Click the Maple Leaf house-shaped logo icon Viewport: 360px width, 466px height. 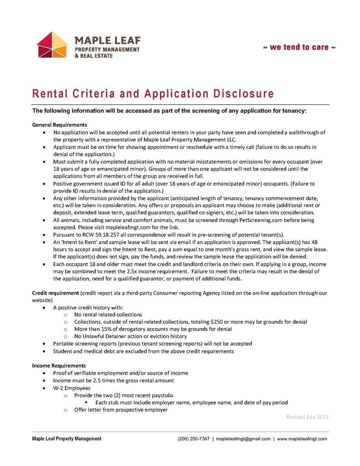[52, 45]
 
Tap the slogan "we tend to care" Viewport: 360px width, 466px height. [299, 47]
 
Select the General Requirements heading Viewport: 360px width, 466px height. [59, 125]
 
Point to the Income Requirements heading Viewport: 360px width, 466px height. [59, 365]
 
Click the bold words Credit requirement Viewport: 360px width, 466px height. [55, 293]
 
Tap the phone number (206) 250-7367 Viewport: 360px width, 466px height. [194, 439]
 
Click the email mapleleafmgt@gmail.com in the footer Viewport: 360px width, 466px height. [243, 439]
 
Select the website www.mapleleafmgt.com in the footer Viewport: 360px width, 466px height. [302, 439]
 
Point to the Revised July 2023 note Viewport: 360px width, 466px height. [307, 417]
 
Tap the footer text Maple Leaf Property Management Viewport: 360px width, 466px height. [67, 439]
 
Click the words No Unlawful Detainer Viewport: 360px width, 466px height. [100, 336]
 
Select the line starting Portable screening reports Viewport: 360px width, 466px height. [152, 343]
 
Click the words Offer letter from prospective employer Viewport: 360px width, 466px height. [121, 410]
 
